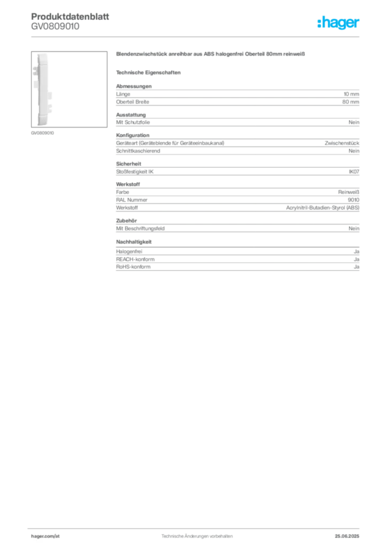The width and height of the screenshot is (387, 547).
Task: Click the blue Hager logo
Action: point(338,23)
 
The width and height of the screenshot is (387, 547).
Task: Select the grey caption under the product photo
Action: point(42,132)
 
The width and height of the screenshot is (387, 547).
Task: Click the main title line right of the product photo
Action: point(212,54)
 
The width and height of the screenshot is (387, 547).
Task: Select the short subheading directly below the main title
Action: point(150,72)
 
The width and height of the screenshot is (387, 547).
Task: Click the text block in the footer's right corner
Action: point(351,534)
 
